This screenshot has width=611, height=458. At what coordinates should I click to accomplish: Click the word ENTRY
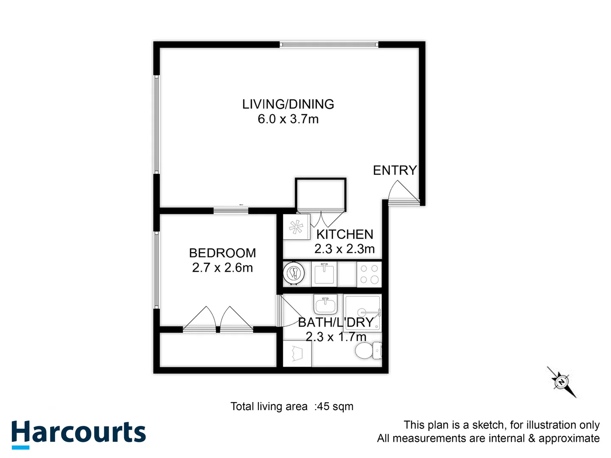pos(395,170)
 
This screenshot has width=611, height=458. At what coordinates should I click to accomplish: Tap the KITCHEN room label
pos(345,234)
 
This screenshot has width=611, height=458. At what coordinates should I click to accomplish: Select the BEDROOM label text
pos(222,253)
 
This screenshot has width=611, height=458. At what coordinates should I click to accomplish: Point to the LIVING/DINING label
pos(288,104)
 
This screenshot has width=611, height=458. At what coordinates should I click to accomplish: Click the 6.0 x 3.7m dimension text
pos(288,119)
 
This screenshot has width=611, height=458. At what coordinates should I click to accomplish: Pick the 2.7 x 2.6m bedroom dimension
pos(222,268)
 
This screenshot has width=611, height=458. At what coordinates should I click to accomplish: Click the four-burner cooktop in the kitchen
pos(369,274)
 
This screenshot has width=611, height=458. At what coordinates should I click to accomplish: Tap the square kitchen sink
pos(325,274)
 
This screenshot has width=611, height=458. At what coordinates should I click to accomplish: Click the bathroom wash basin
pos(325,304)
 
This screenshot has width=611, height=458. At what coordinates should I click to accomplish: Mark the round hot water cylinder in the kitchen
pos(294,274)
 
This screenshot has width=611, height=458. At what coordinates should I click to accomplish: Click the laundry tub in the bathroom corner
pos(297,353)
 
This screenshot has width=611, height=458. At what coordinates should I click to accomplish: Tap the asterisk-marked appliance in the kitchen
pos(296,227)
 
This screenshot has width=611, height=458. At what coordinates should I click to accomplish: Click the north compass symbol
pos(562,382)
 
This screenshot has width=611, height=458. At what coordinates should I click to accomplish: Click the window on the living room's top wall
pos(329,44)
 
